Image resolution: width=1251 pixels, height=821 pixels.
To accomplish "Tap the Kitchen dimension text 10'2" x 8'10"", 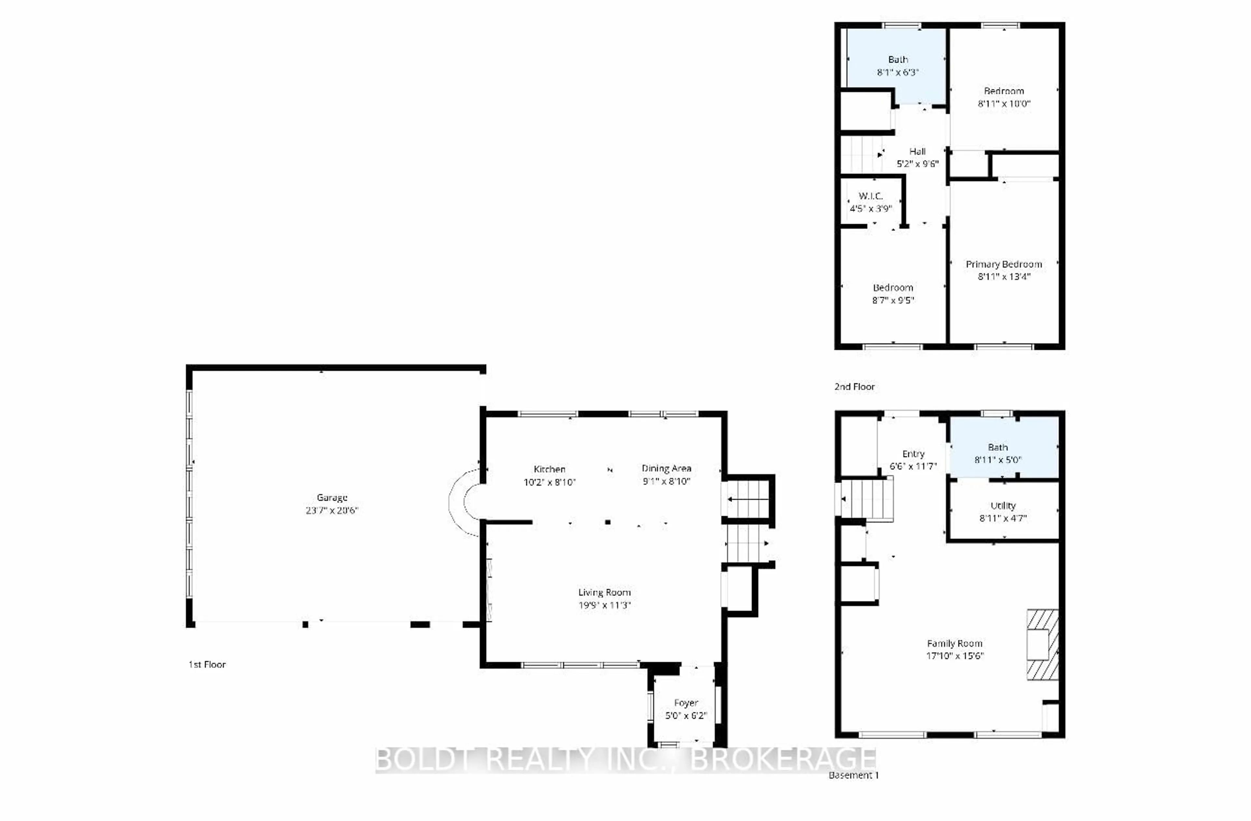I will [x=549, y=482].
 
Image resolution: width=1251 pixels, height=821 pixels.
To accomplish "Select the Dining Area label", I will [x=666, y=468].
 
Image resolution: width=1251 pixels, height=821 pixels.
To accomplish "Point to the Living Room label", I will [x=604, y=592].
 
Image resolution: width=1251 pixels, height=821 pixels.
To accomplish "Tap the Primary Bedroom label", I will [x=1003, y=264].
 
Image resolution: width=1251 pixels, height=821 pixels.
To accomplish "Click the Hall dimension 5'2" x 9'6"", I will [x=917, y=164].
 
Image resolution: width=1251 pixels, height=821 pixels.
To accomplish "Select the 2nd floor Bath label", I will [x=898, y=59].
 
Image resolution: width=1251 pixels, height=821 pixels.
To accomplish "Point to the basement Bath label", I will [x=997, y=447].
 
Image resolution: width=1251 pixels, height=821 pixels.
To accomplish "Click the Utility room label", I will [x=1002, y=506].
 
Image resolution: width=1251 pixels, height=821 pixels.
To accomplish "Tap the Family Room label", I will [x=954, y=643].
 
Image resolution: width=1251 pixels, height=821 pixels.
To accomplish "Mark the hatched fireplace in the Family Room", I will [x=1042, y=644].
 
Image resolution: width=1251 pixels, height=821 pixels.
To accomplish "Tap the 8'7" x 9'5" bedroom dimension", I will [x=893, y=300].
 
